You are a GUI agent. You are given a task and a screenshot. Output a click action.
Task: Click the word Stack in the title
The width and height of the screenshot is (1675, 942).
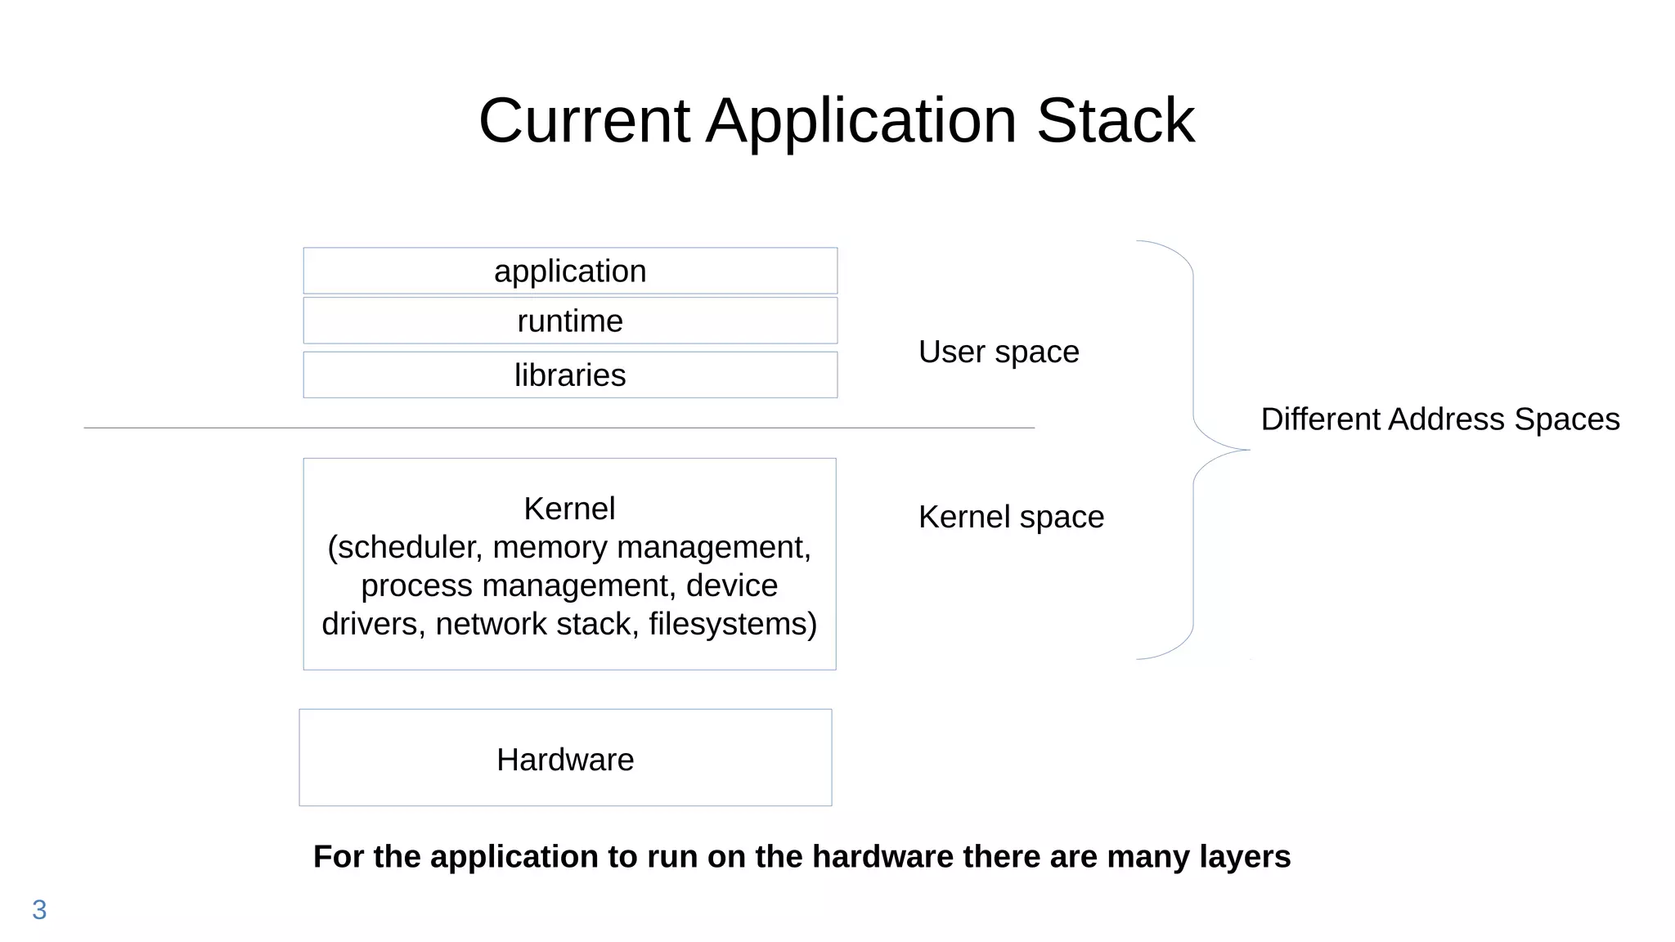(x=1116, y=121)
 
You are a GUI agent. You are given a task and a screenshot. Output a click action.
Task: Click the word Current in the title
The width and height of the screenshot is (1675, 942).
(x=584, y=121)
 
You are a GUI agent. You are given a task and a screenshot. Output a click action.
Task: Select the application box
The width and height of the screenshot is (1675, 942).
(x=570, y=271)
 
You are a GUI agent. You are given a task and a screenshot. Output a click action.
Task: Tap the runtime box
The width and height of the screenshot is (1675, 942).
(x=570, y=321)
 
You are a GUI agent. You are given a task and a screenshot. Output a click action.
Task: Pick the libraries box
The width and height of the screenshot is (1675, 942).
(x=570, y=375)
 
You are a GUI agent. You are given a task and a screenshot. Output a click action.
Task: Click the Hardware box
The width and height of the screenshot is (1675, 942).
(x=565, y=759)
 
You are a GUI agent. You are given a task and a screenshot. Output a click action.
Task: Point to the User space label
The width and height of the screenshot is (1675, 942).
(x=999, y=352)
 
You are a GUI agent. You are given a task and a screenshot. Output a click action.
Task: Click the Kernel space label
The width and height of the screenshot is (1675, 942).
(x=1011, y=517)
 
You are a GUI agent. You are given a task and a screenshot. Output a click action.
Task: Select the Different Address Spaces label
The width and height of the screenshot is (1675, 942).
(x=1439, y=419)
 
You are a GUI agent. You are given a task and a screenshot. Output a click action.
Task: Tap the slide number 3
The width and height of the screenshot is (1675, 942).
(x=39, y=909)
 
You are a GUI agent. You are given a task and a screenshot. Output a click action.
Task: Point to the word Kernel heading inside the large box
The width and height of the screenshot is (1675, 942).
(x=569, y=509)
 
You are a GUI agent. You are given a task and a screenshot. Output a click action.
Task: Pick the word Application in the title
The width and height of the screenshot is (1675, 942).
(x=861, y=121)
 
